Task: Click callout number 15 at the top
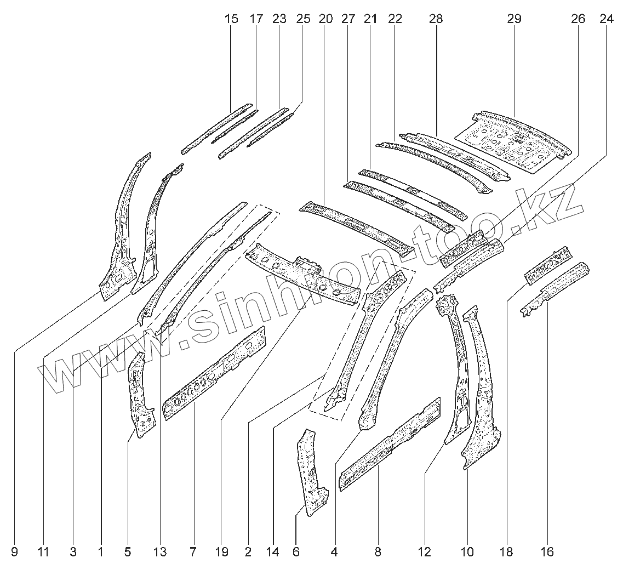[x=231, y=19]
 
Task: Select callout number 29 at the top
[x=514, y=19]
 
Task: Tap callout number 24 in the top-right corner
[x=606, y=19]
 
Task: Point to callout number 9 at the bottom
[x=14, y=552]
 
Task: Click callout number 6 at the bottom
[x=296, y=552]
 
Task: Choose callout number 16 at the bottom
[x=547, y=552]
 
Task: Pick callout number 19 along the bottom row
[x=221, y=552]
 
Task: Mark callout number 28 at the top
[x=436, y=19]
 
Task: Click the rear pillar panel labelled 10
[x=481, y=395]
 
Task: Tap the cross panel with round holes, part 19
[x=304, y=274]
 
